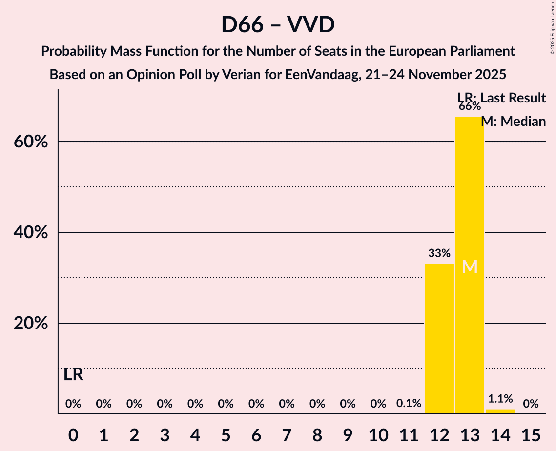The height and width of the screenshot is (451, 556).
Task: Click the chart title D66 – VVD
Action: pos(278,24)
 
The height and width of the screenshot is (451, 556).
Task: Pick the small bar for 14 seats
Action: pos(500,411)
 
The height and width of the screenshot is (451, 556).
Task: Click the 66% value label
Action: pos(470,106)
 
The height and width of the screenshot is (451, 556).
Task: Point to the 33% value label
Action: pos(439,253)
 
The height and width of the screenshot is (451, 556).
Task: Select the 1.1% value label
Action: pos(500,399)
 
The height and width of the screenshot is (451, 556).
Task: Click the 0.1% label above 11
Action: pos(409,404)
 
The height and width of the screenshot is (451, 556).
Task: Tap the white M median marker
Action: pos(470,266)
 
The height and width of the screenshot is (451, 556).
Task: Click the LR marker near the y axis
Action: pos(73,375)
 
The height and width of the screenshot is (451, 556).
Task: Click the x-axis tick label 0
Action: pos(73,434)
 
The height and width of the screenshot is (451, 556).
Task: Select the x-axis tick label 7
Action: pos(287,434)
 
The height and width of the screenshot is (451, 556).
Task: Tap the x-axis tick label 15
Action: pos(531,434)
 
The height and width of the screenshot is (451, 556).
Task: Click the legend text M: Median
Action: pos(514,121)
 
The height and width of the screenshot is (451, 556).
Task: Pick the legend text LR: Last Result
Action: pos(502,98)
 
